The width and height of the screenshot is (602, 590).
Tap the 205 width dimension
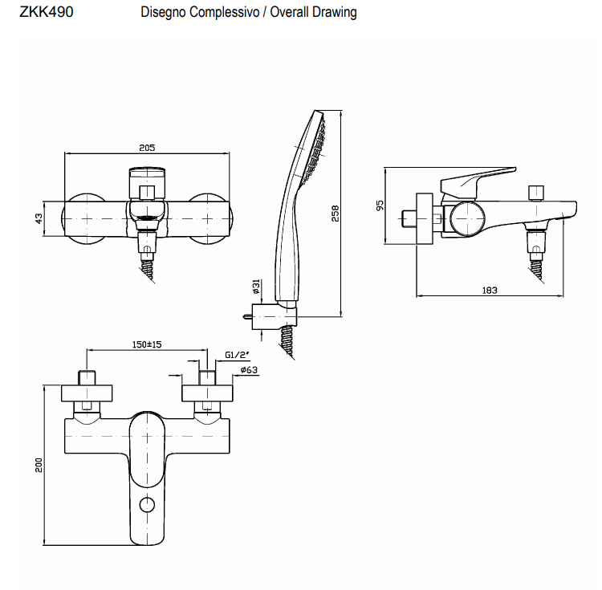point(147,147)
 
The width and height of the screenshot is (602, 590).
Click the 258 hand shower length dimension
point(336,213)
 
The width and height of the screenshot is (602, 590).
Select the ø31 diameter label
point(255,286)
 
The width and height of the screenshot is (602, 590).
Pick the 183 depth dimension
point(490,290)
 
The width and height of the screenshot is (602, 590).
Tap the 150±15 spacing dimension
point(147,344)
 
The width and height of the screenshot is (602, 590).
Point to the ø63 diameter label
point(248,370)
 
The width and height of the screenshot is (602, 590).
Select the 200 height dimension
point(39,466)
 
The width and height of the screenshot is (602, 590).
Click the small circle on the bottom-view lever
point(147,505)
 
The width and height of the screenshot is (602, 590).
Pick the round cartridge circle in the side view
point(466,218)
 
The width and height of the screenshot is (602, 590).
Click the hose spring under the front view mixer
point(149,266)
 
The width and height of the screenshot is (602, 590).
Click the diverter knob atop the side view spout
point(535,192)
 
